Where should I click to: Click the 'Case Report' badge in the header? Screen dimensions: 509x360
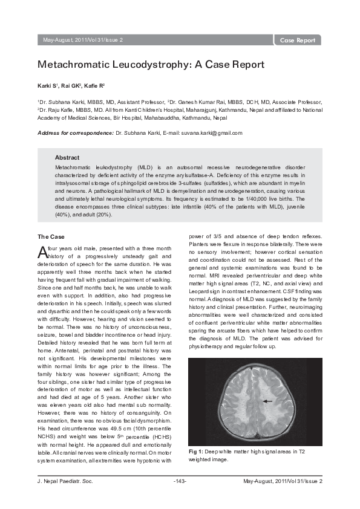298,41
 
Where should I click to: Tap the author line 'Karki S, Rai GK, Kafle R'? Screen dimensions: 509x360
72,86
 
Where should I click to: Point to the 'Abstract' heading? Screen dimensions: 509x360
67,157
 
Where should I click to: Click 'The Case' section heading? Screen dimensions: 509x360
51,236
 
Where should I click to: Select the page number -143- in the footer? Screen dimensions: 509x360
180,481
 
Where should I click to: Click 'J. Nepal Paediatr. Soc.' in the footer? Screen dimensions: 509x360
66,481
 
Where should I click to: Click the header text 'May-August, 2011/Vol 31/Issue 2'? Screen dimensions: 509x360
83,41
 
